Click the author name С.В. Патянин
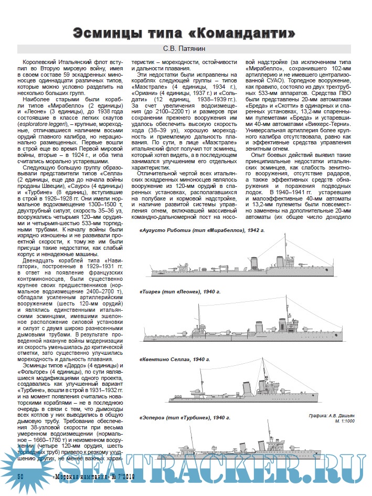point(187,50)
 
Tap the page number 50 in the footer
point(22,476)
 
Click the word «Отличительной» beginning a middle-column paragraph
point(160,173)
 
